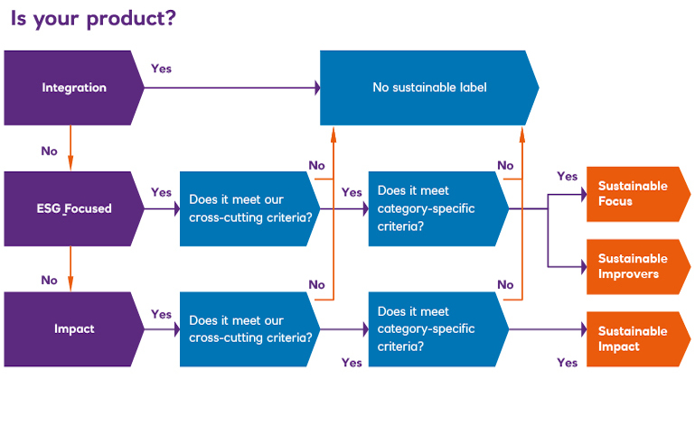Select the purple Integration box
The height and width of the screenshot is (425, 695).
point(72,88)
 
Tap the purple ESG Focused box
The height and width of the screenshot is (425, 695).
point(72,208)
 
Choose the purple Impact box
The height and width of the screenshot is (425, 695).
point(72,328)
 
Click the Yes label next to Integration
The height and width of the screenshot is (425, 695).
point(161,69)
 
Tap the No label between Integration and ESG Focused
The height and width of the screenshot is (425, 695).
point(49,151)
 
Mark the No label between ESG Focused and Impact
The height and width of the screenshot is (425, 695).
point(49,280)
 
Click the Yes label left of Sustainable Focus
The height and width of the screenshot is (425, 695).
point(567,176)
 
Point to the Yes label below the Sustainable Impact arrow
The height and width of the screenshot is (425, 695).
point(567,363)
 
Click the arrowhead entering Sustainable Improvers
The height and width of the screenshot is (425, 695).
point(583,266)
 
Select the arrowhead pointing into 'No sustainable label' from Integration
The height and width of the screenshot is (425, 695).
point(316,88)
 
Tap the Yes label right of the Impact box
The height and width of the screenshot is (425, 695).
point(161,314)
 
